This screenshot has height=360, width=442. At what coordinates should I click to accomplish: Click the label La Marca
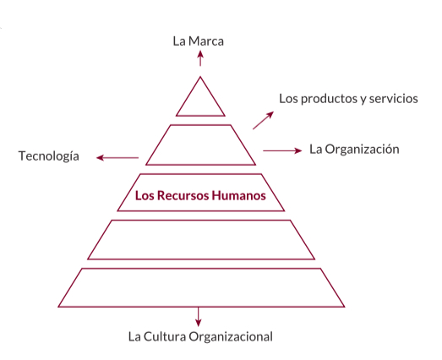(198, 41)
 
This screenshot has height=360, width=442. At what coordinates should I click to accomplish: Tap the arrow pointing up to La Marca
(200, 58)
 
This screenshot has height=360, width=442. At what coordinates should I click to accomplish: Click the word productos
(325, 99)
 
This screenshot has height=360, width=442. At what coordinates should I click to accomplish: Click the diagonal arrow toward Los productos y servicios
(263, 120)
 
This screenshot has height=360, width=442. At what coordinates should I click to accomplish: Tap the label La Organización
(354, 149)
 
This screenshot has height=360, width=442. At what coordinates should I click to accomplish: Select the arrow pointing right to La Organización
(282, 150)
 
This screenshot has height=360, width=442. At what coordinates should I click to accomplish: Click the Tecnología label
(49, 156)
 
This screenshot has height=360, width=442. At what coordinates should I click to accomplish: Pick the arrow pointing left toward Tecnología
(117, 157)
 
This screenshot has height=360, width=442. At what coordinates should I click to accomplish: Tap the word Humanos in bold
(239, 195)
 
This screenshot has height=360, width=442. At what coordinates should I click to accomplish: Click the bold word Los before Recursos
(145, 195)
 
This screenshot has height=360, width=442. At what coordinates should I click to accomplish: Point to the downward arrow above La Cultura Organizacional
(199, 317)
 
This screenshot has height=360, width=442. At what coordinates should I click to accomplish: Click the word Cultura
(165, 336)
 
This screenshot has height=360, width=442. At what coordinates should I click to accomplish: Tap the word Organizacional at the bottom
(231, 337)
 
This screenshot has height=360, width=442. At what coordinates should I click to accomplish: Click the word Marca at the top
(206, 41)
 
